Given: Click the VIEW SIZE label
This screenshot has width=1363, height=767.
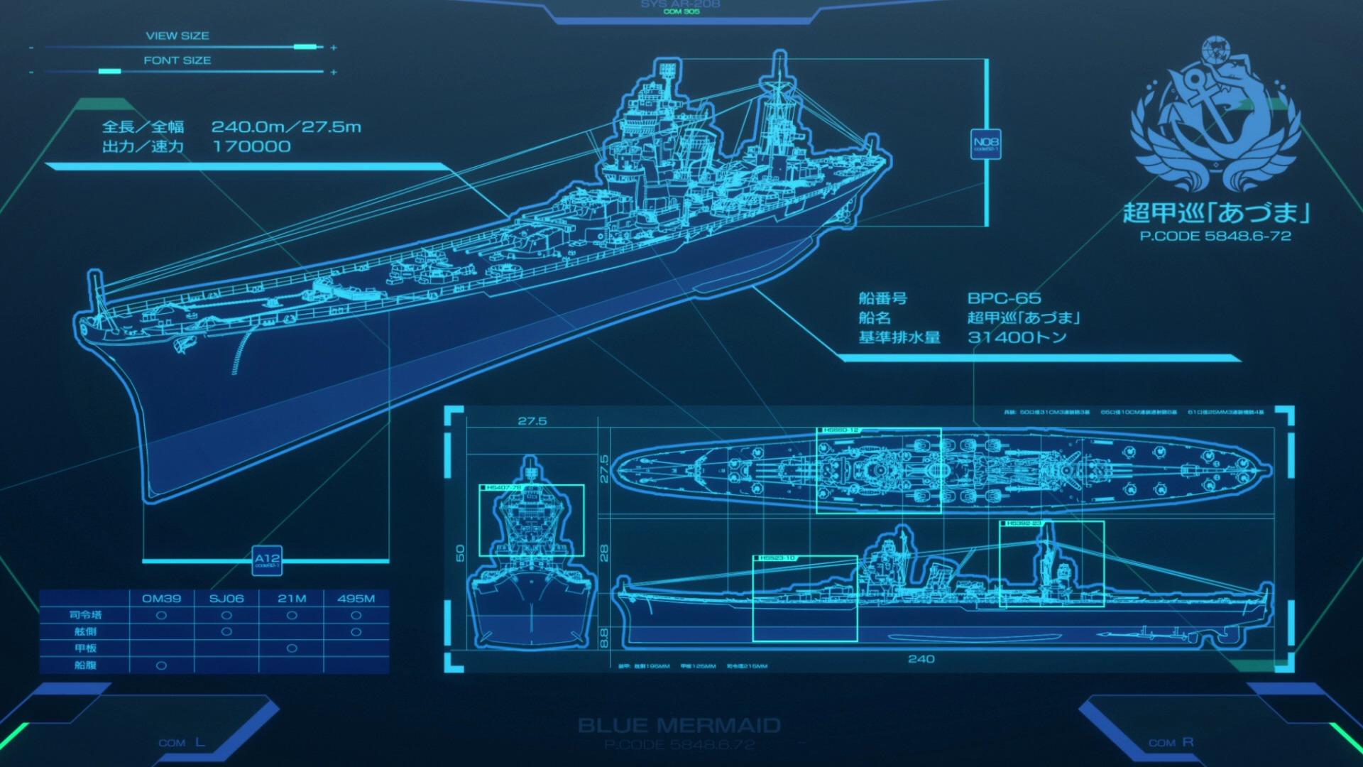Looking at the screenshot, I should pyautogui.click(x=177, y=36).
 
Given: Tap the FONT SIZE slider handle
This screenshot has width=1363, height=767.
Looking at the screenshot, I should pyautogui.click(x=109, y=72).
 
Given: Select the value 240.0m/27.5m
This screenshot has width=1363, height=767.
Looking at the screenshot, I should pyautogui.click(x=286, y=127).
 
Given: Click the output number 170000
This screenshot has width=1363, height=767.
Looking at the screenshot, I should pyautogui.click(x=251, y=147).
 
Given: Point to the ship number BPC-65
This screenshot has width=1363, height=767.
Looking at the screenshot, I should pyautogui.click(x=1004, y=298).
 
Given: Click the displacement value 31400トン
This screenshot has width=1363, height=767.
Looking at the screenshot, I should pyautogui.click(x=1017, y=337).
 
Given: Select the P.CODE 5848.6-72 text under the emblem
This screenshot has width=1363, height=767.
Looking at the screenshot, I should pyautogui.click(x=1215, y=236).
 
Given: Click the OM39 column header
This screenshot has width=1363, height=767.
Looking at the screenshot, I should pyautogui.click(x=161, y=599).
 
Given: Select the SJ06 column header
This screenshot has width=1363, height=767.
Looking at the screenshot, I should pyautogui.click(x=226, y=599).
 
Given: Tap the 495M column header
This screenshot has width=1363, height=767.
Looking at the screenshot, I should pyautogui.click(x=356, y=599).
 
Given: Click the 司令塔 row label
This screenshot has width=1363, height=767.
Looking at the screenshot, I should pyautogui.click(x=84, y=615).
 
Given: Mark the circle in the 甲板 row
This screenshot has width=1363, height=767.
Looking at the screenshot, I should pyautogui.click(x=291, y=648).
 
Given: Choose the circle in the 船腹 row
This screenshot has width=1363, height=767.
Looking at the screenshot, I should pyautogui.click(x=161, y=665).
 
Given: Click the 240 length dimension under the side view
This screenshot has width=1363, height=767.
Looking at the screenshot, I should pyautogui.click(x=921, y=659).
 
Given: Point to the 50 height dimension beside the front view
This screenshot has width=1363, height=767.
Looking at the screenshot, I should pyautogui.click(x=460, y=552).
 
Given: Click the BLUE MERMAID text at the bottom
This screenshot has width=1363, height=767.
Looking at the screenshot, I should pyautogui.click(x=679, y=725).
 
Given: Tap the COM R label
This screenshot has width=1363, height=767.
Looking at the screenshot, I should pyautogui.click(x=1171, y=743).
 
